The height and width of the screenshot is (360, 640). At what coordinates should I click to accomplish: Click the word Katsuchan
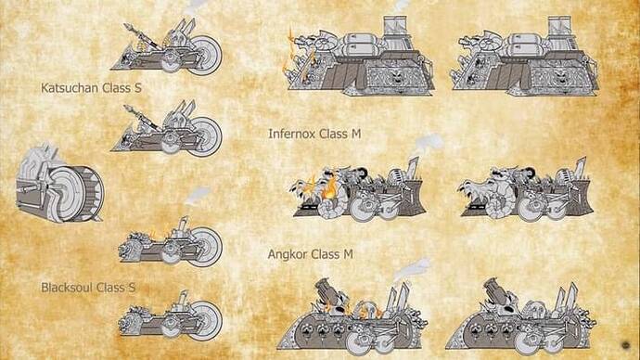[x=70, y=88]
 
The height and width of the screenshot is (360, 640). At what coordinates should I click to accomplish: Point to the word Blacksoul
[x=68, y=288]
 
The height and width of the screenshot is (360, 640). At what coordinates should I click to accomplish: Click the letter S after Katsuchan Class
[x=137, y=88]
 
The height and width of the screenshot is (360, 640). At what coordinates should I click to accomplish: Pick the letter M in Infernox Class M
[x=356, y=134]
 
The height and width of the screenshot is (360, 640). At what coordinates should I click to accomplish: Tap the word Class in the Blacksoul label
[x=111, y=288]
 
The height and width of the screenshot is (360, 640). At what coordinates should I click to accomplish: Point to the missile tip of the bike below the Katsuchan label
[x=128, y=109]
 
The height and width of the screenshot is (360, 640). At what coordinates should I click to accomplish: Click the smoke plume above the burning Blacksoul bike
[x=197, y=195]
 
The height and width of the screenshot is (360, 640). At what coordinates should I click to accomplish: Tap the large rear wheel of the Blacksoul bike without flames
[x=206, y=321]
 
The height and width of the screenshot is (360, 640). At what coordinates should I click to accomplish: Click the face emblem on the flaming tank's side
[x=395, y=76]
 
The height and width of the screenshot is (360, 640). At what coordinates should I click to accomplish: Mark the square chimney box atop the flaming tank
[x=395, y=25]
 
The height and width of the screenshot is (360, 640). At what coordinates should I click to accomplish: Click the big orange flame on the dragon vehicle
[x=330, y=189]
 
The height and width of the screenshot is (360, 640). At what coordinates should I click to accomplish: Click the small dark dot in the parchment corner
[x=626, y=345]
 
